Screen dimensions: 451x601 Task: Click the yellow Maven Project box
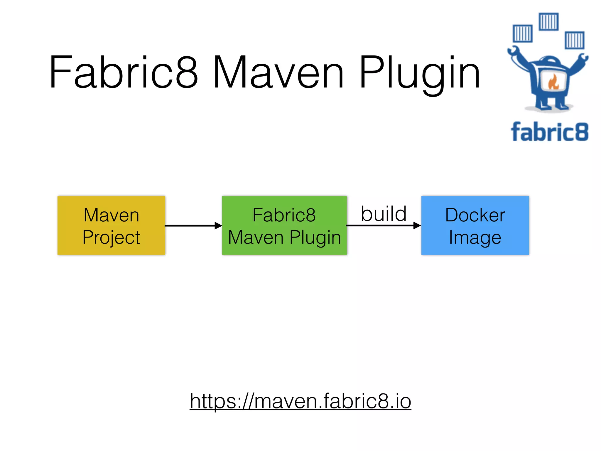111,225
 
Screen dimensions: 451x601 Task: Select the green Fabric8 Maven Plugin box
284,225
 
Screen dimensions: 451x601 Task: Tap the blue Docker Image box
475,225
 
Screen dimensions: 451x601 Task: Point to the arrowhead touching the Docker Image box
417,225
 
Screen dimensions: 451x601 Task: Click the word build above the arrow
383,214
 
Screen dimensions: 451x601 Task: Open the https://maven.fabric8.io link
300,401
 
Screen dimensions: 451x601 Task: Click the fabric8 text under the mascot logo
549,132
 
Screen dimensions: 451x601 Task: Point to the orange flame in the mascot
553,82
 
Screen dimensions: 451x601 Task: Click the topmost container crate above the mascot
548,21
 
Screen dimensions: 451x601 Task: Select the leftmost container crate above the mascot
523,33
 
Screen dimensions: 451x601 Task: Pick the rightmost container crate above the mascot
575,40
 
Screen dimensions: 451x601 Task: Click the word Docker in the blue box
475,215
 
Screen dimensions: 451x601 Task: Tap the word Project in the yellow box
111,237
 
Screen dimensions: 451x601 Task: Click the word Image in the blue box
475,237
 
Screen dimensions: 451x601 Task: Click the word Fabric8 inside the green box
284,215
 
